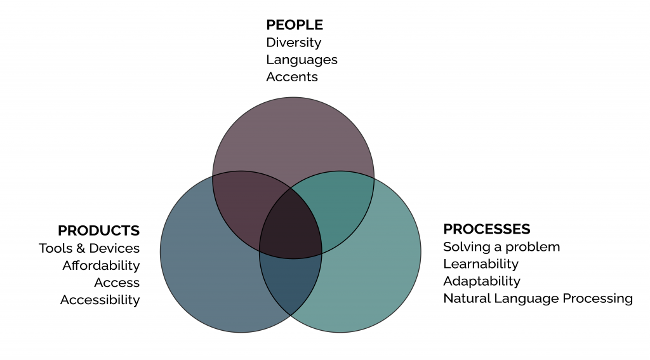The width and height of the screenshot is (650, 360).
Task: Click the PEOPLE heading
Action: [295, 25]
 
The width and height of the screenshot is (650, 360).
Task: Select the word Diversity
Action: [293, 43]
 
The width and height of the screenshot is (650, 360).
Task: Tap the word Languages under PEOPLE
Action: [302, 60]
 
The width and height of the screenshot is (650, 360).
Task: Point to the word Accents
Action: [291, 77]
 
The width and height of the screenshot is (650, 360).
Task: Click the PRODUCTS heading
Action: [98, 230]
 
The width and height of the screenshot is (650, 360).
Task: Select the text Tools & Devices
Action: [89, 248]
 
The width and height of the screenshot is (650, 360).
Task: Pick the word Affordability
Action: [101, 265]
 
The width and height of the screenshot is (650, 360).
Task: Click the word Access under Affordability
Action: [117, 283]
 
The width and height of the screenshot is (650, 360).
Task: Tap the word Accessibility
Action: [100, 300]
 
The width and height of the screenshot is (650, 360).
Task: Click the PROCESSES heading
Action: [486, 229]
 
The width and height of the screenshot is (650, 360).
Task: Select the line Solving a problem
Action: [501, 246]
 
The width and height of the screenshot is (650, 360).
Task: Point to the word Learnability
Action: [481, 263]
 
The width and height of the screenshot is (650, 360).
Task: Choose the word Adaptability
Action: [481, 281]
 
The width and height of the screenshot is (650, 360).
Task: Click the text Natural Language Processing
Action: [538, 298]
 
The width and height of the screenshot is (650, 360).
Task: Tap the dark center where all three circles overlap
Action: [291, 225]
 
